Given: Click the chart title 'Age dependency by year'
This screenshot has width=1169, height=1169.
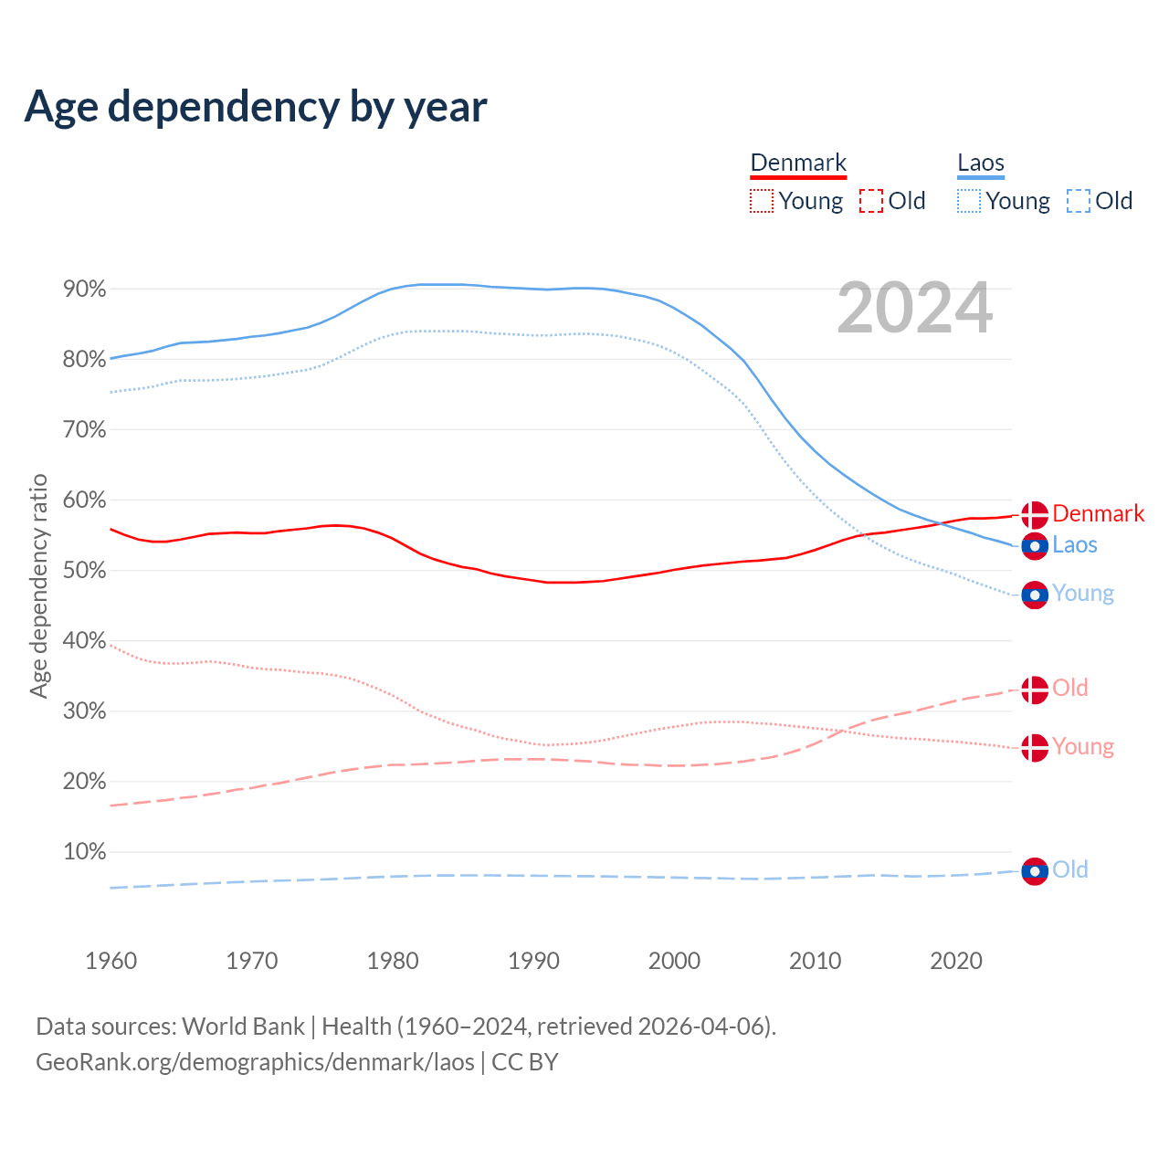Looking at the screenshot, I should (x=256, y=106).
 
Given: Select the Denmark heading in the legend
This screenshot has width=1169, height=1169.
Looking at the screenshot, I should (x=798, y=163).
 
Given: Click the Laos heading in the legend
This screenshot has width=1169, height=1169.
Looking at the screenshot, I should (x=981, y=163).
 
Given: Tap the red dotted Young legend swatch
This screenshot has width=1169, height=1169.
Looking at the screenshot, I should (x=762, y=201).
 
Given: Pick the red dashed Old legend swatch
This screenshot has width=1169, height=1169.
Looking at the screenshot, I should (x=871, y=201).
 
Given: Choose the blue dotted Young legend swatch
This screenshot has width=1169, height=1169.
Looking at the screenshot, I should (x=969, y=201).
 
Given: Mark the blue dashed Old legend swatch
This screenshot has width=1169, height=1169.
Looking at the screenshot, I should (x=1079, y=201).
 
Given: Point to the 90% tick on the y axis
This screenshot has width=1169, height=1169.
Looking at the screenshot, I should (x=85, y=290).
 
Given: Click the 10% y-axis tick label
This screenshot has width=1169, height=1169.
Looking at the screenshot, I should (x=85, y=852).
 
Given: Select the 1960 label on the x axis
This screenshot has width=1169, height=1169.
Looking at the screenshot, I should (x=111, y=961).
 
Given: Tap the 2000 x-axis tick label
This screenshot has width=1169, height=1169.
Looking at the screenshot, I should (x=674, y=961).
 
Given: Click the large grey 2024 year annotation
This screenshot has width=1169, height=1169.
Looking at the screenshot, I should (x=914, y=309).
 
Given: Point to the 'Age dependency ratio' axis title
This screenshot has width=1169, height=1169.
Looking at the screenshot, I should (x=38, y=585).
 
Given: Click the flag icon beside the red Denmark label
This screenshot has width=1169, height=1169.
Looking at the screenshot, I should (x=1035, y=514).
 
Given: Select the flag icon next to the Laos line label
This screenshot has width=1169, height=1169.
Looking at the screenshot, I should (x=1035, y=546).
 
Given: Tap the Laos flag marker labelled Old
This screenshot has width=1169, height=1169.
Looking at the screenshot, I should (x=1035, y=871).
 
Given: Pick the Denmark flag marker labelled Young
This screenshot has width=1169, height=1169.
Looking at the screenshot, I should (x=1035, y=748).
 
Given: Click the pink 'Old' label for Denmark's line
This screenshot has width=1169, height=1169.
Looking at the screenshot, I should (x=1070, y=688).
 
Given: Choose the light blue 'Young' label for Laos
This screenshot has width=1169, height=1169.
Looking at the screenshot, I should (x=1083, y=594).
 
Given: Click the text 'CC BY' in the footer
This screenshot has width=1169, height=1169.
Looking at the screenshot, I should (x=525, y=1062).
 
